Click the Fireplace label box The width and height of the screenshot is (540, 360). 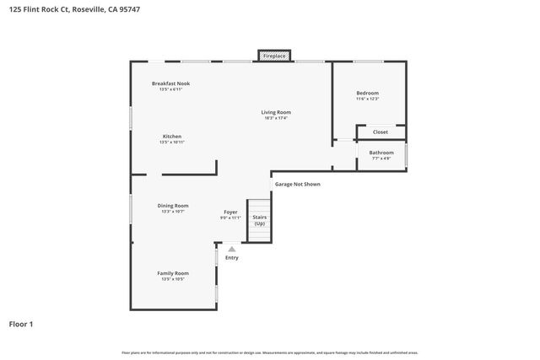click(x=274, y=56)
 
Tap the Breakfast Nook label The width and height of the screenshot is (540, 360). click(x=170, y=83)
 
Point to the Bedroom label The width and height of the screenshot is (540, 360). click(x=367, y=93)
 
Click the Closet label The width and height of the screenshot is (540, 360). click(x=381, y=132)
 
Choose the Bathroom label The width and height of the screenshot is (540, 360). click(x=381, y=153)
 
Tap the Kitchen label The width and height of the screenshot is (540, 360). click(x=172, y=137)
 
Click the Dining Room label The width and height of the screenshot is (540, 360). click(x=172, y=206)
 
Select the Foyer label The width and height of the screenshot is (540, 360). click(x=230, y=212)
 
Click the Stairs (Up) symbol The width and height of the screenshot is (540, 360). click(x=259, y=220)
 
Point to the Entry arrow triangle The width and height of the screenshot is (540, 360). click(x=231, y=249)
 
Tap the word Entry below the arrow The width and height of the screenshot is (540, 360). click(x=231, y=258)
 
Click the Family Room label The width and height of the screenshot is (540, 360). click(x=172, y=273)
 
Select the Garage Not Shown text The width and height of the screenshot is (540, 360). click(x=297, y=184)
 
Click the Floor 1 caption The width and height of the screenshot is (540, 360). click(x=21, y=324)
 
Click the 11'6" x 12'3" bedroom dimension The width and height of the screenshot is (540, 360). click(x=367, y=99)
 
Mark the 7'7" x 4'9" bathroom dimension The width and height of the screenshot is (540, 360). click(x=381, y=159)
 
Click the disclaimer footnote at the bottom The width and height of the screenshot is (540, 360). click(x=269, y=352)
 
